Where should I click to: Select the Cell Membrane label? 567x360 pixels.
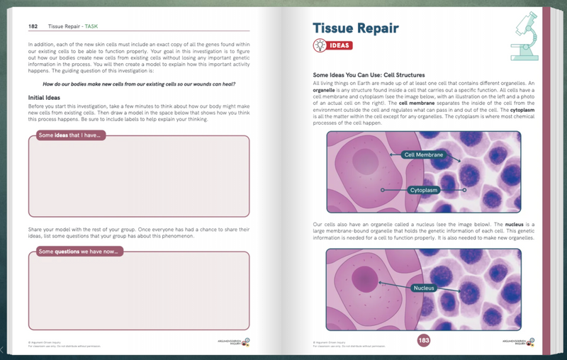click(x=423, y=154)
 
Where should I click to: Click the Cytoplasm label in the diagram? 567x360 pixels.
click(x=423, y=190)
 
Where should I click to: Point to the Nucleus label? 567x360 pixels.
click(x=423, y=288)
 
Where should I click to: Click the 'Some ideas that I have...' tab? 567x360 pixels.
click(x=70, y=135)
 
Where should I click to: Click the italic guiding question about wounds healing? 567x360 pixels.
click(x=139, y=84)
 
